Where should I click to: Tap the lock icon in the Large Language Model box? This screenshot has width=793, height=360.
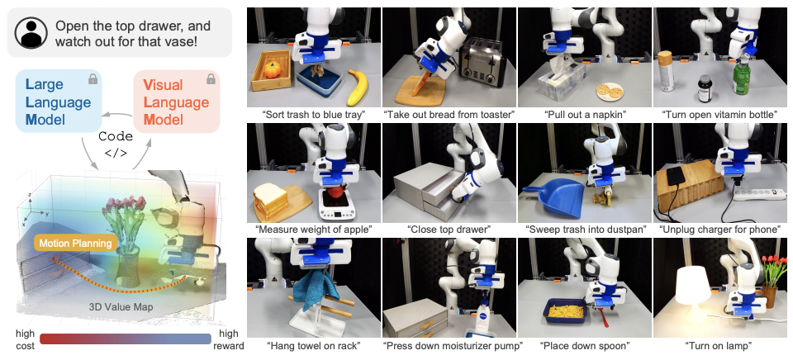tap(93, 79)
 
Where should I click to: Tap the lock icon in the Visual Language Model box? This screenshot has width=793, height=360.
tap(211, 79)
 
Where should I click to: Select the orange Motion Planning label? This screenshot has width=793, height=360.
tap(75, 244)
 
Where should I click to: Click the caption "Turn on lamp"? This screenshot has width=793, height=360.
tap(719, 346)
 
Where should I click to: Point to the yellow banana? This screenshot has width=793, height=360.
tap(358, 87)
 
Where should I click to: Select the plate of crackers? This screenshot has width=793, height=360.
tap(610, 91)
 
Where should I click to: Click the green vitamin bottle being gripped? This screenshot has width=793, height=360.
tap(741, 76)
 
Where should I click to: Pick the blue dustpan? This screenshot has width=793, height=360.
tap(553, 198)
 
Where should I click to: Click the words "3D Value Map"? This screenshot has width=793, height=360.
tap(121, 307)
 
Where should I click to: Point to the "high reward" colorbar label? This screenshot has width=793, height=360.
tap(231, 339)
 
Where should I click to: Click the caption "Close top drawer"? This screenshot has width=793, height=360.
tap(449, 230)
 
